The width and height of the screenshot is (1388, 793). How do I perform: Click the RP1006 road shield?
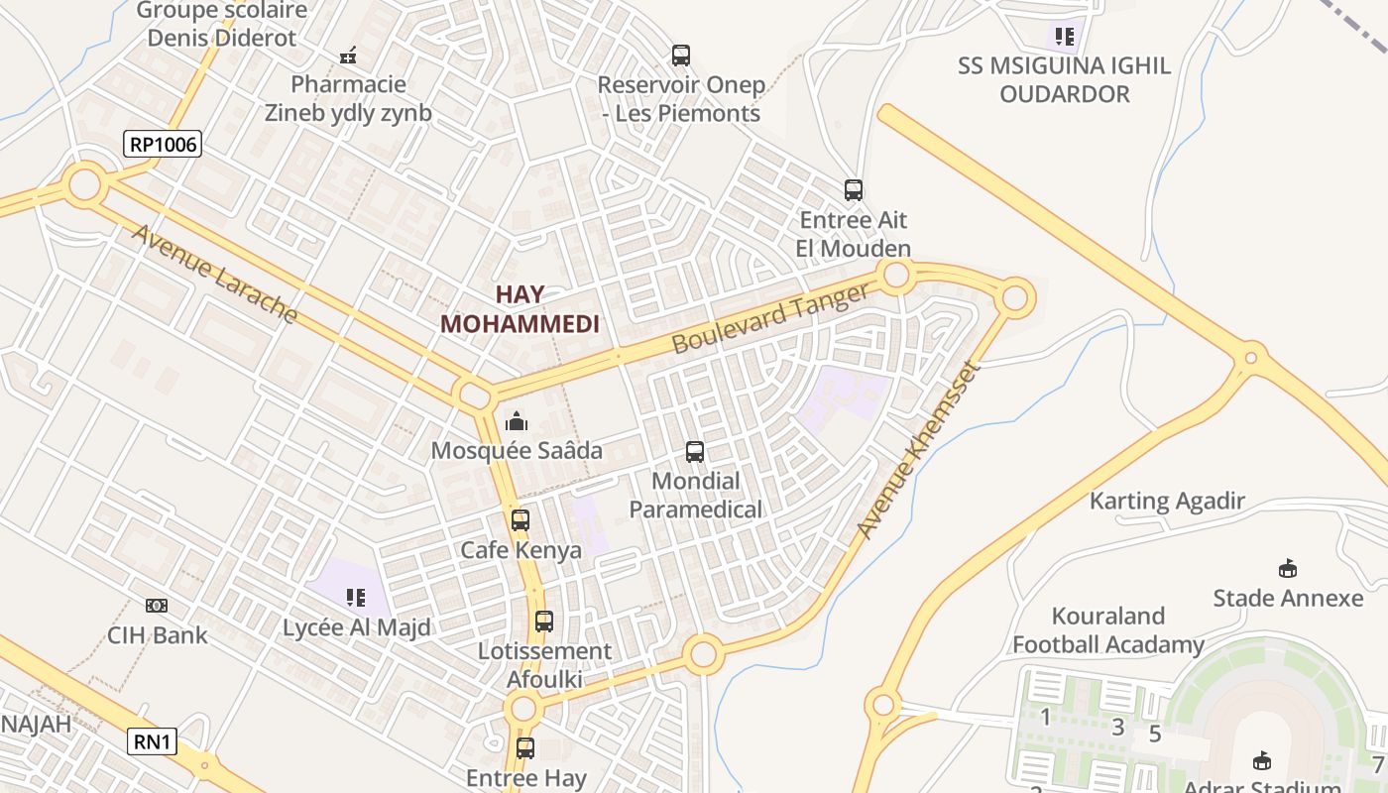[x=164, y=144]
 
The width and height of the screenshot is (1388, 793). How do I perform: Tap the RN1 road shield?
[x=152, y=740]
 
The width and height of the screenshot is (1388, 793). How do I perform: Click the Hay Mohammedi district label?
[x=520, y=309]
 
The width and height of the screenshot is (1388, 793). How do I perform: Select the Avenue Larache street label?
[x=214, y=274]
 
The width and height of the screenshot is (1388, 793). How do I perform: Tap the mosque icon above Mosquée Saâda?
[x=517, y=422]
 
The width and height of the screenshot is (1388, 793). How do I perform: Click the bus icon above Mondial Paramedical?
[x=695, y=452]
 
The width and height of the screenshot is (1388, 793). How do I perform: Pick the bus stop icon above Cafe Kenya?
[x=520, y=519]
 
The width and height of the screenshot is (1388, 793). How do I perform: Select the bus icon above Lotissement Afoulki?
[x=544, y=622]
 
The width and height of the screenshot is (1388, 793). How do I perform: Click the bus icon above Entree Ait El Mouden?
[x=854, y=189]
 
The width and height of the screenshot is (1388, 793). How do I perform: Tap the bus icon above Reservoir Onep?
[x=681, y=56]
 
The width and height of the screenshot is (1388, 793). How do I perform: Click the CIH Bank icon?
[x=157, y=606]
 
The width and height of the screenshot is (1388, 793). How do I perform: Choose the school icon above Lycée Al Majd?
[x=356, y=597]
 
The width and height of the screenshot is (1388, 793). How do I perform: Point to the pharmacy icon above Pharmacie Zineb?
[x=348, y=56]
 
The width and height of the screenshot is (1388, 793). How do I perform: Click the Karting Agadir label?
[x=1167, y=501]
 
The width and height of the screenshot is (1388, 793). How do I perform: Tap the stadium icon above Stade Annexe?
[x=1288, y=569]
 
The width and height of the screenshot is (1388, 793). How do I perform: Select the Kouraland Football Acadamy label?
[x=1107, y=630]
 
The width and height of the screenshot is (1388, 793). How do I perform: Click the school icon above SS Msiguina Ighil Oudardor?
[x=1065, y=38]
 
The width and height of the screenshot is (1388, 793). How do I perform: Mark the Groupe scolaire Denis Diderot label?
[x=222, y=25]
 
